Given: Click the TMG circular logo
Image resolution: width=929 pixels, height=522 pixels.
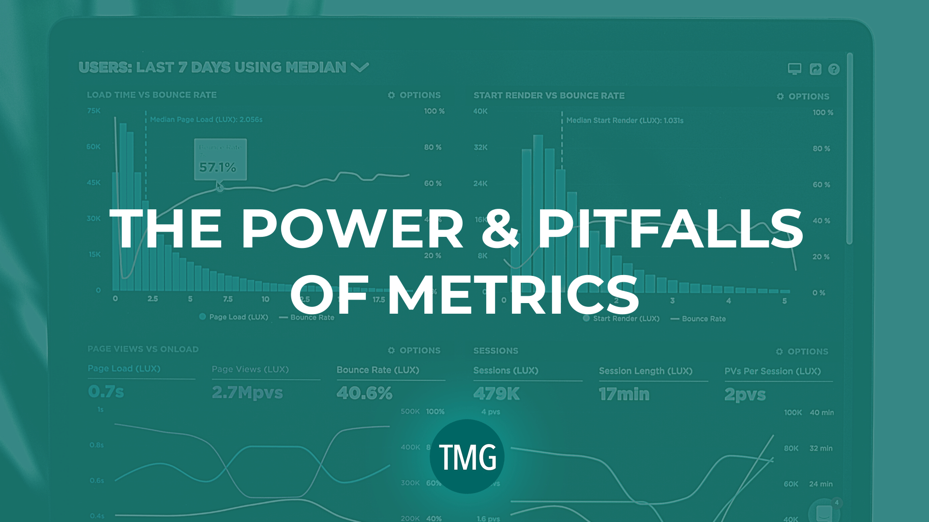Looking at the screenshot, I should point(467,457).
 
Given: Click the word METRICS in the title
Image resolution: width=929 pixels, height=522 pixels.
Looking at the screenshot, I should point(514,295).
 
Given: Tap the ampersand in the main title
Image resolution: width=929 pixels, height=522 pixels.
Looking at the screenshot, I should point(500,228).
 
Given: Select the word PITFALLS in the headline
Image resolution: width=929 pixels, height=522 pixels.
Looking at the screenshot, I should point(670,228).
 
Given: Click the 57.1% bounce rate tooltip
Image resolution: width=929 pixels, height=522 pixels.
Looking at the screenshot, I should point(220,160).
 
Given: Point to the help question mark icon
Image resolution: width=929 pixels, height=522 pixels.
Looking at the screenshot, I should point(834,70).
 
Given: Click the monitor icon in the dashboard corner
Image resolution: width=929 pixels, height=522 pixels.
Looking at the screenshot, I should point(794,69).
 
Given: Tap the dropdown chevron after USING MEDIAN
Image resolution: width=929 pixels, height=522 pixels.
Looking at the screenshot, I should point(360,67).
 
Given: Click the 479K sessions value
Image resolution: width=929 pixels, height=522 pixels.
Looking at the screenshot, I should point(496,394).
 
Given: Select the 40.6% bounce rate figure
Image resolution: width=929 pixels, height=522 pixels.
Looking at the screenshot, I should point(364,393).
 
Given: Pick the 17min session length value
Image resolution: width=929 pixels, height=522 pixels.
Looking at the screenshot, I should point(624,394).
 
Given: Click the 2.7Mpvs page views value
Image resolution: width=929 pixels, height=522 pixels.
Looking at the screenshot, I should point(247,392).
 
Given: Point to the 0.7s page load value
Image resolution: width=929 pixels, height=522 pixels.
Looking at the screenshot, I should point(106,391).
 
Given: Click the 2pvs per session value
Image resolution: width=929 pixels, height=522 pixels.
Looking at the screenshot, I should point(745,395).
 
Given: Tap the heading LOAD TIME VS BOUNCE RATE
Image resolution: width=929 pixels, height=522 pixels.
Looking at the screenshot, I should point(151,95).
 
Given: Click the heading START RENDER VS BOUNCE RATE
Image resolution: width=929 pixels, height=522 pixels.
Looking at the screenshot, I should point(549,96).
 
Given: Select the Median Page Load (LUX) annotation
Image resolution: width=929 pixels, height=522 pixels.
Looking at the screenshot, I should point(206,119).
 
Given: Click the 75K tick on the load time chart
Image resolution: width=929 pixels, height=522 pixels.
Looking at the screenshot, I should point(94,111).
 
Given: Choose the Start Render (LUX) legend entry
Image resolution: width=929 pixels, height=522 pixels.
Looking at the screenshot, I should point(626,319).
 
